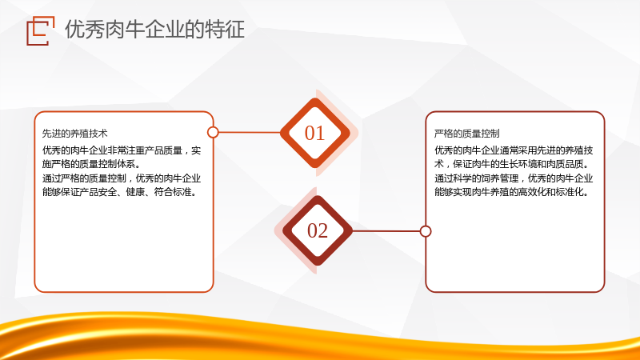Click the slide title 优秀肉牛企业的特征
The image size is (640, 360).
click(154, 30)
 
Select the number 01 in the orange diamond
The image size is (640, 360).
click(314, 133)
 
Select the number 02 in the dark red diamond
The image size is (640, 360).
click(318, 230)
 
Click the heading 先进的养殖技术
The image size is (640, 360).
click(75, 134)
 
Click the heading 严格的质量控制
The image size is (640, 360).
click(467, 134)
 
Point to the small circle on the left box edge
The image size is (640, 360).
click(213, 132)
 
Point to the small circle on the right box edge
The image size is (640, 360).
click(426, 231)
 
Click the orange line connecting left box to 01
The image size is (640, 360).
click(250, 132)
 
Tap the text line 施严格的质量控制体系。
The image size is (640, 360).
click(91, 164)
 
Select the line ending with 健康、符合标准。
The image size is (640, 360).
click(120, 192)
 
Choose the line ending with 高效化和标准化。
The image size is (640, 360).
click(512, 192)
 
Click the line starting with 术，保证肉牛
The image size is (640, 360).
click(512, 164)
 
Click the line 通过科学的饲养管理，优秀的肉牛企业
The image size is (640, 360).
click(514, 178)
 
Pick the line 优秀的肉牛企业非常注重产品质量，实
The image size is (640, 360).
click(122, 150)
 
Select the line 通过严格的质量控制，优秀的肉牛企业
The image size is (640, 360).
click(122, 178)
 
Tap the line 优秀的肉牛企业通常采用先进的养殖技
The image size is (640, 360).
click(514, 150)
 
